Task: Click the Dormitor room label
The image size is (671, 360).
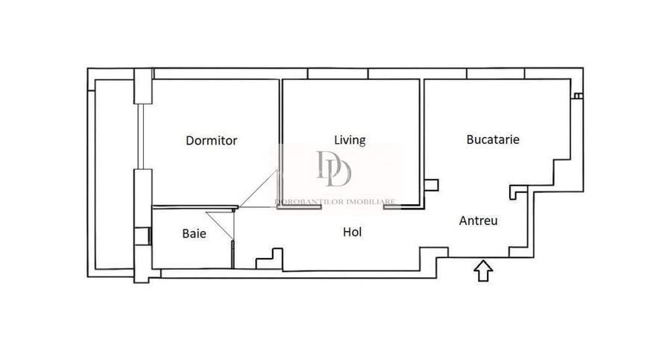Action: pyautogui.click(x=212, y=140)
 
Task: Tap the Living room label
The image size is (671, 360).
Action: pyautogui.click(x=350, y=139)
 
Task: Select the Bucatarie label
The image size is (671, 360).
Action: pyautogui.click(x=493, y=139)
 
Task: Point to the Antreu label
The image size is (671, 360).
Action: pyautogui.click(x=479, y=221)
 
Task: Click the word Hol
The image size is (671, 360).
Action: pyautogui.click(x=352, y=233)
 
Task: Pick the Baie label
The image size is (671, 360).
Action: pyautogui.click(x=194, y=233)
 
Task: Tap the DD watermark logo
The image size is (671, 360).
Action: pyautogui.click(x=333, y=169)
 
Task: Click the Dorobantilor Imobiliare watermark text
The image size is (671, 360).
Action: pyautogui.click(x=337, y=201)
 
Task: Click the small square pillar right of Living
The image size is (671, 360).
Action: pyautogui.click(x=430, y=186)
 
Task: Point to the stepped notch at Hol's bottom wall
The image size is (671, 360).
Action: pyautogui.click(x=269, y=259)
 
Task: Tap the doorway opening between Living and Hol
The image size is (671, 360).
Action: pyautogui.click(x=353, y=209)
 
